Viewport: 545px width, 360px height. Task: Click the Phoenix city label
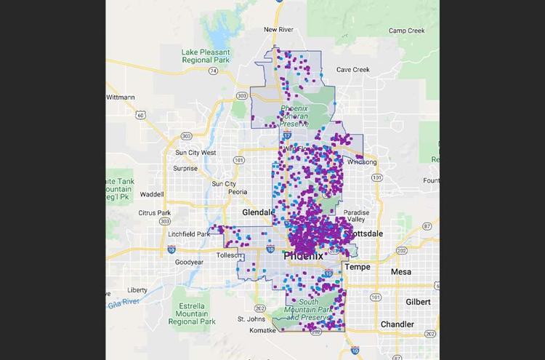pos(303,255)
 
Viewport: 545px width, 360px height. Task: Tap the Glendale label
pos(259,212)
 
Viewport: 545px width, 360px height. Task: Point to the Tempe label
pos(358,267)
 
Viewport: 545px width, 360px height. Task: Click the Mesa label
pos(400,271)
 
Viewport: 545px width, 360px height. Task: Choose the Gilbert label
pos(418,301)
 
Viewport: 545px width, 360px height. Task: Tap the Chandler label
pos(397,324)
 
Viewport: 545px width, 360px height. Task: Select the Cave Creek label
pos(352,70)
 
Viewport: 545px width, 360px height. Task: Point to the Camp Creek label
pos(406,31)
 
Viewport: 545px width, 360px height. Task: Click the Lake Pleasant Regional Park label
pos(206,57)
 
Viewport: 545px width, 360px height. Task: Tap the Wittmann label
pos(121,97)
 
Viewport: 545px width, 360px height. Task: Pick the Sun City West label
pos(195,153)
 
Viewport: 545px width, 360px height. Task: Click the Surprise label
pos(185,168)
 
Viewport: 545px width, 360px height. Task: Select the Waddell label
pos(152,194)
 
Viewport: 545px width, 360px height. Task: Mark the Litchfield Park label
pos(189,233)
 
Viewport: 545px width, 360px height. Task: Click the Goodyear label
pos(189,262)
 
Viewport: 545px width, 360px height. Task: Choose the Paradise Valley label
pos(357,215)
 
